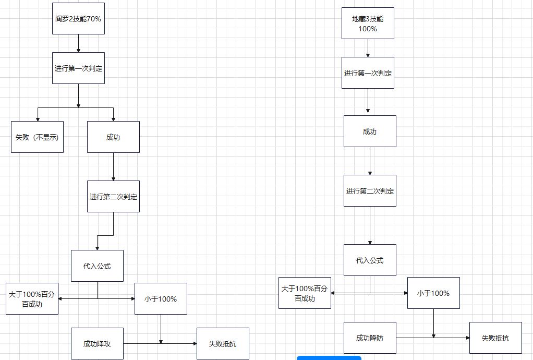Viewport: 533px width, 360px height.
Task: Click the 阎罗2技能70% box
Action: click(x=78, y=19)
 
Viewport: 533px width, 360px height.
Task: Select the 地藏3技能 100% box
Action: click(x=368, y=23)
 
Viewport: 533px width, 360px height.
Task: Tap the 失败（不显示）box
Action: click(x=37, y=137)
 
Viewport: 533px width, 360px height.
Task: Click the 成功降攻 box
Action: click(x=97, y=344)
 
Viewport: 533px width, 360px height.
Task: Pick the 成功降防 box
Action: click(x=370, y=338)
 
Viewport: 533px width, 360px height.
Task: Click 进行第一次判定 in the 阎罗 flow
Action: click(x=78, y=68)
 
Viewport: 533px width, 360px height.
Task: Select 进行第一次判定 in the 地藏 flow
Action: click(x=368, y=73)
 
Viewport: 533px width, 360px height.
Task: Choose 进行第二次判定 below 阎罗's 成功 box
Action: click(x=113, y=197)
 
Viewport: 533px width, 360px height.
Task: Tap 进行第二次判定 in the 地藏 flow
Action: click(x=370, y=191)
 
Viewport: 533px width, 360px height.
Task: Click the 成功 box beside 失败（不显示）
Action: click(x=113, y=137)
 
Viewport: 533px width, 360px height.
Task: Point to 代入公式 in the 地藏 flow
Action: click(x=370, y=260)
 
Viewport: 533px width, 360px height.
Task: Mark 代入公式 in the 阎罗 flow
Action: click(x=97, y=266)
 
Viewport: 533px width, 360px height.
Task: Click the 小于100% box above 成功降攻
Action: click(x=161, y=299)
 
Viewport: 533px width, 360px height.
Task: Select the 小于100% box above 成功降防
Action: click(x=433, y=293)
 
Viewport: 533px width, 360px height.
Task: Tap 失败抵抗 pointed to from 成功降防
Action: click(x=495, y=338)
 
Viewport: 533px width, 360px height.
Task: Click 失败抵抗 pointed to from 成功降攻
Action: click(x=223, y=344)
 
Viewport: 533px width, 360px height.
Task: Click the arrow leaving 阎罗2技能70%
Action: click(x=78, y=43)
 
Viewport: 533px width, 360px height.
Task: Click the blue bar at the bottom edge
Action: click(x=329, y=358)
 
